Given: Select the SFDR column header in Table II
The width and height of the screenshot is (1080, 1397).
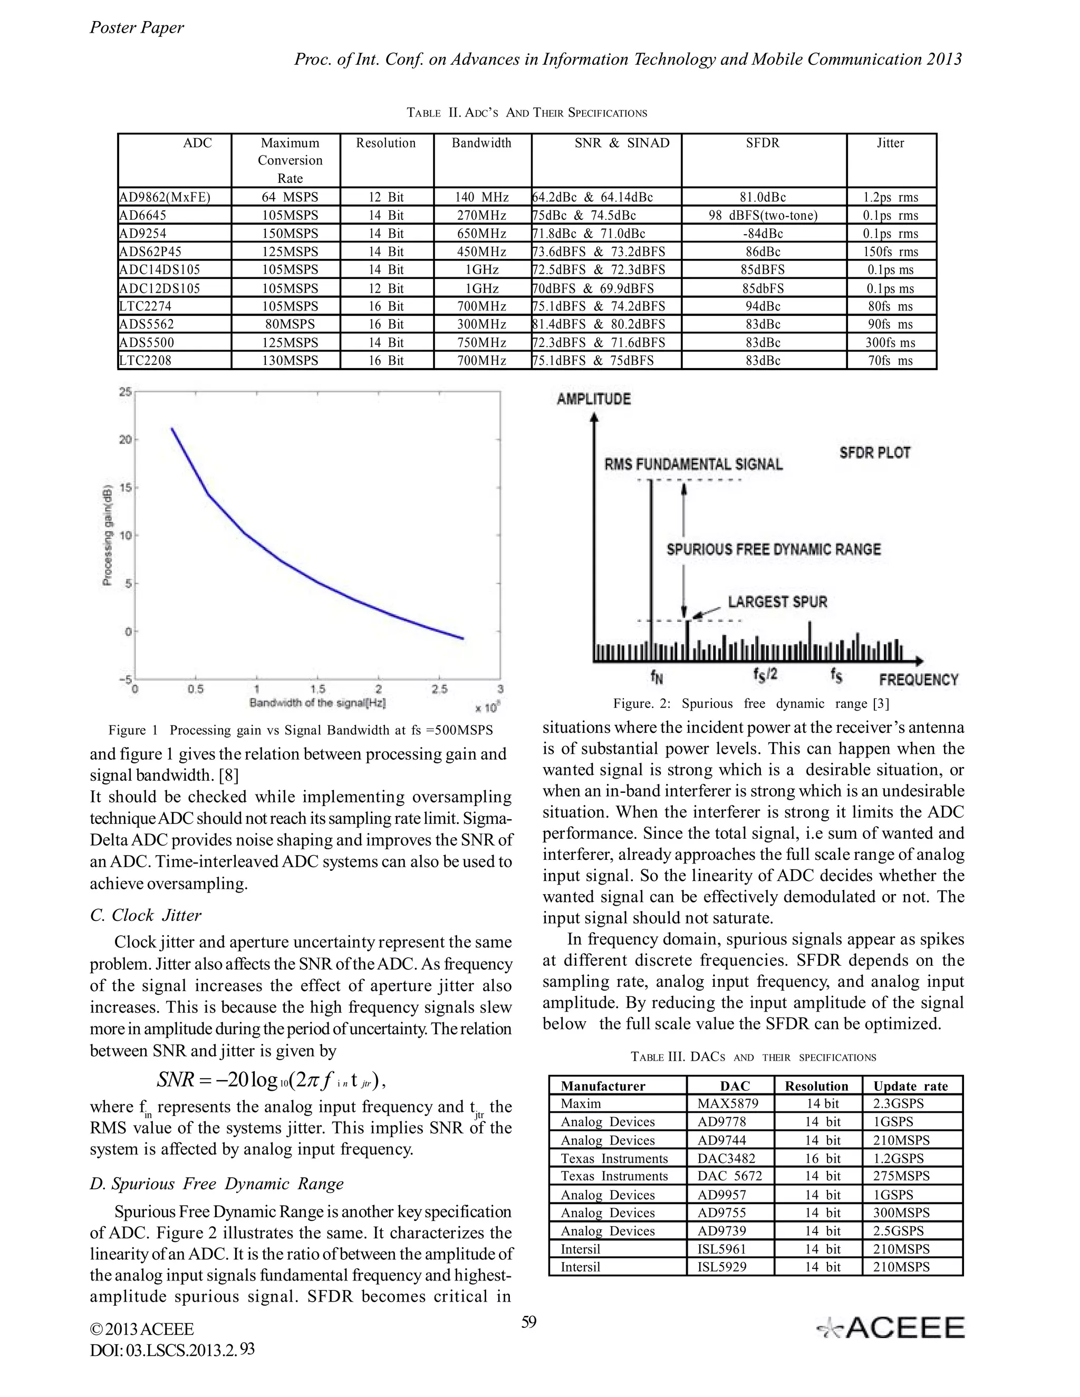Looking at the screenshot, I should pyautogui.click(x=763, y=143).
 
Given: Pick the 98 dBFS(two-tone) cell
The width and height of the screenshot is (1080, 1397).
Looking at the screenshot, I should pyautogui.click(x=763, y=216).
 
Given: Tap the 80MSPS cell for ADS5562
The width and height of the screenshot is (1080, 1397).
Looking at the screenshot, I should pyautogui.click(x=290, y=324).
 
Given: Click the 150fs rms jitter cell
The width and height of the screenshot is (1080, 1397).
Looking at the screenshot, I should pyautogui.click(x=891, y=251).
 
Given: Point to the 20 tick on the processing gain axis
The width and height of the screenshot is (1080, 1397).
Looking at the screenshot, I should pyautogui.click(x=126, y=440).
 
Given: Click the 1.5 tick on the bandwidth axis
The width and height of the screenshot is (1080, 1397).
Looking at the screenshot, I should pyautogui.click(x=317, y=689).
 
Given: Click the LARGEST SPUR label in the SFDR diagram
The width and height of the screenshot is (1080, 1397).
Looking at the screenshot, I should pyautogui.click(x=777, y=602).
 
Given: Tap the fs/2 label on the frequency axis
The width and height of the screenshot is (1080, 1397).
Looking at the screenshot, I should pyautogui.click(x=765, y=674).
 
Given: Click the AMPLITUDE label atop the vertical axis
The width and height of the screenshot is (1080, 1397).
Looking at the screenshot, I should pyautogui.click(x=594, y=399).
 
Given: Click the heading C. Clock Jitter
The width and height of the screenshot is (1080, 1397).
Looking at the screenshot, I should pyautogui.click(x=146, y=915).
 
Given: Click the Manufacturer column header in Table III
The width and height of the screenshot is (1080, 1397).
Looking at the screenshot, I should pyautogui.click(x=603, y=1085).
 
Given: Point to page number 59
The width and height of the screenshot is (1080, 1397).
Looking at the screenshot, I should pyautogui.click(x=528, y=1322).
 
